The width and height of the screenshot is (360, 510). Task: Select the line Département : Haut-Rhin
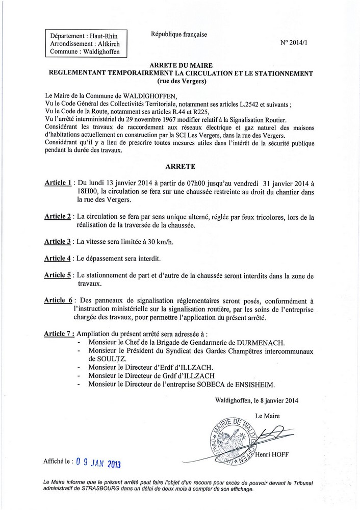82,36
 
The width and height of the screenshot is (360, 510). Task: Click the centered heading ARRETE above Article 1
180,167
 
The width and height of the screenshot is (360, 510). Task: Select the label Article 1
57,183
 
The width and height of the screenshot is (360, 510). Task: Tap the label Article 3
57,242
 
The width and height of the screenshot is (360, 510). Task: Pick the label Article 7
58,334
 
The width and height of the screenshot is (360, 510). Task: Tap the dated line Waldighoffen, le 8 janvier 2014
257,400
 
